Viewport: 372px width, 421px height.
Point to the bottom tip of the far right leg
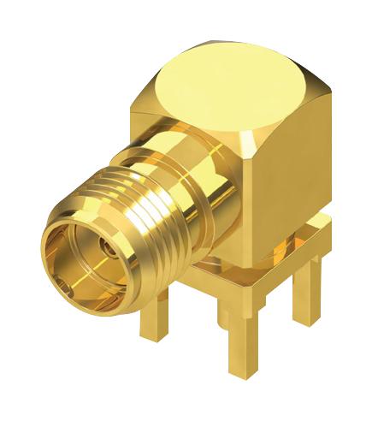pos(305,321)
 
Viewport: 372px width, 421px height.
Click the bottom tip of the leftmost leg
pos(156,337)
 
